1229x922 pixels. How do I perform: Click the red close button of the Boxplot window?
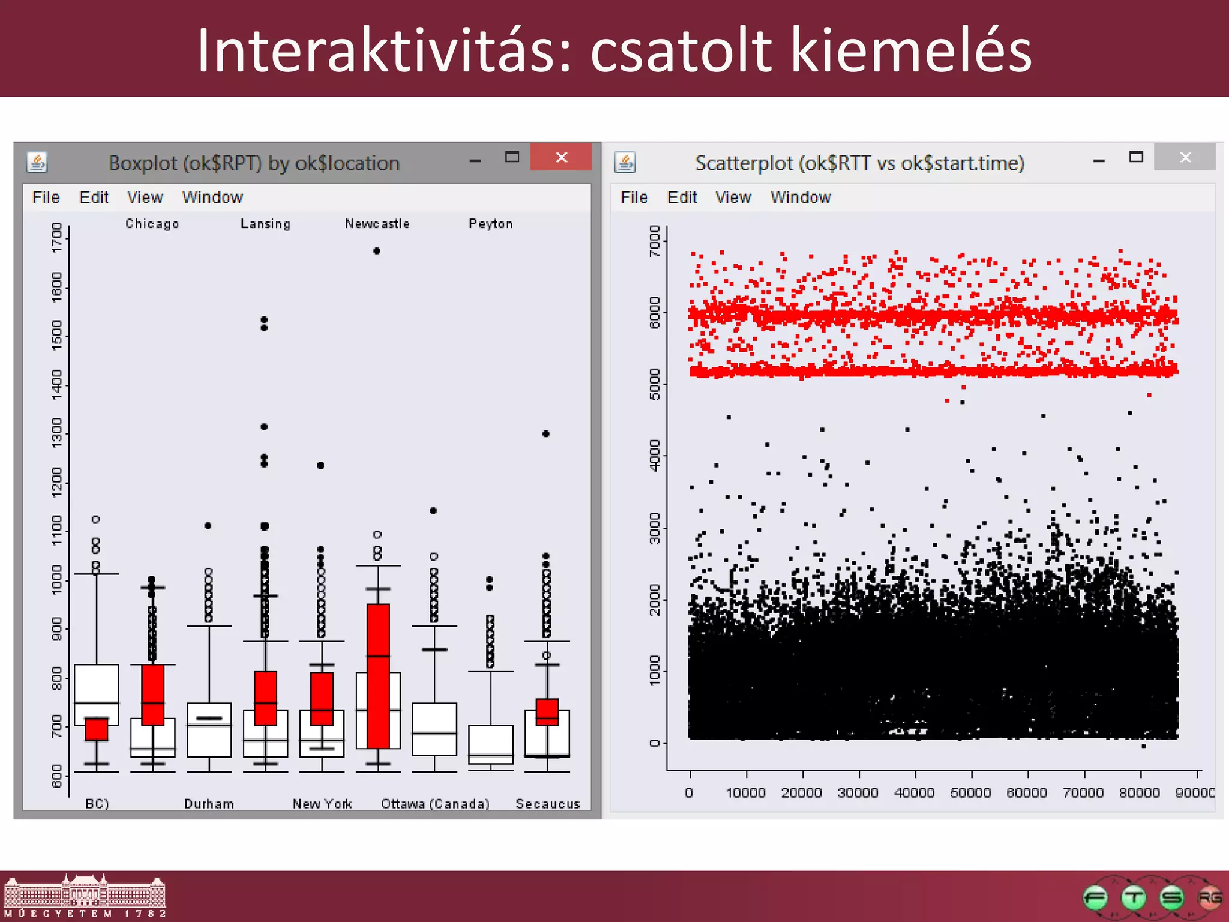pyautogui.click(x=561, y=157)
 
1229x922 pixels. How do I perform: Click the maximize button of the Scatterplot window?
pyautogui.click(x=1135, y=157)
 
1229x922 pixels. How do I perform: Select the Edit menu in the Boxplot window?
pyautogui.click(x=94, y=197)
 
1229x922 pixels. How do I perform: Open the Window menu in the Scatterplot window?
pyautogui.click(x=801, y=197)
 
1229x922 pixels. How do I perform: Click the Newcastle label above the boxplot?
pyautogui.click(x=377, y=224)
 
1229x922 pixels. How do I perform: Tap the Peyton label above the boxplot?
pyautogui.click(x=490, y=224)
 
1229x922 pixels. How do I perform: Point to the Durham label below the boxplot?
pyautogui.click(x=209, y=804)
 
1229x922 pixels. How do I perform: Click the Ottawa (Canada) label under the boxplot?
pyautogui.click(x=435, y=804)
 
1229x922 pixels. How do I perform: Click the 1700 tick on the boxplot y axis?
pyautogui.click(x=57, y=238)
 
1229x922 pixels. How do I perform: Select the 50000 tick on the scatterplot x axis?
pyautogui.click(x=970, y=792)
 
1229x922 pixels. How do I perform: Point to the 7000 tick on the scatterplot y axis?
pyautogui.click(x=654, y=241)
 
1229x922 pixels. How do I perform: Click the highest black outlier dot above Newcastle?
pyautogui.click(x=377, y=251)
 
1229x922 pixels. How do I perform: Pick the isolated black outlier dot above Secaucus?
pyautogui.click(x=545, y=433)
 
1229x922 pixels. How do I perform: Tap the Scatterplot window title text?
pyautogui.click(x=859, y=163)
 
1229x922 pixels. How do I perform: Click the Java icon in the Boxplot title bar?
pyautogui.click(x=37, y=162)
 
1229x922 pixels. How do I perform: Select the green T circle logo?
pyautogui.click(x=1134, y=898)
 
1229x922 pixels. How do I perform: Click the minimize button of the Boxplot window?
pyautogui.click(x=475, y=161)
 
